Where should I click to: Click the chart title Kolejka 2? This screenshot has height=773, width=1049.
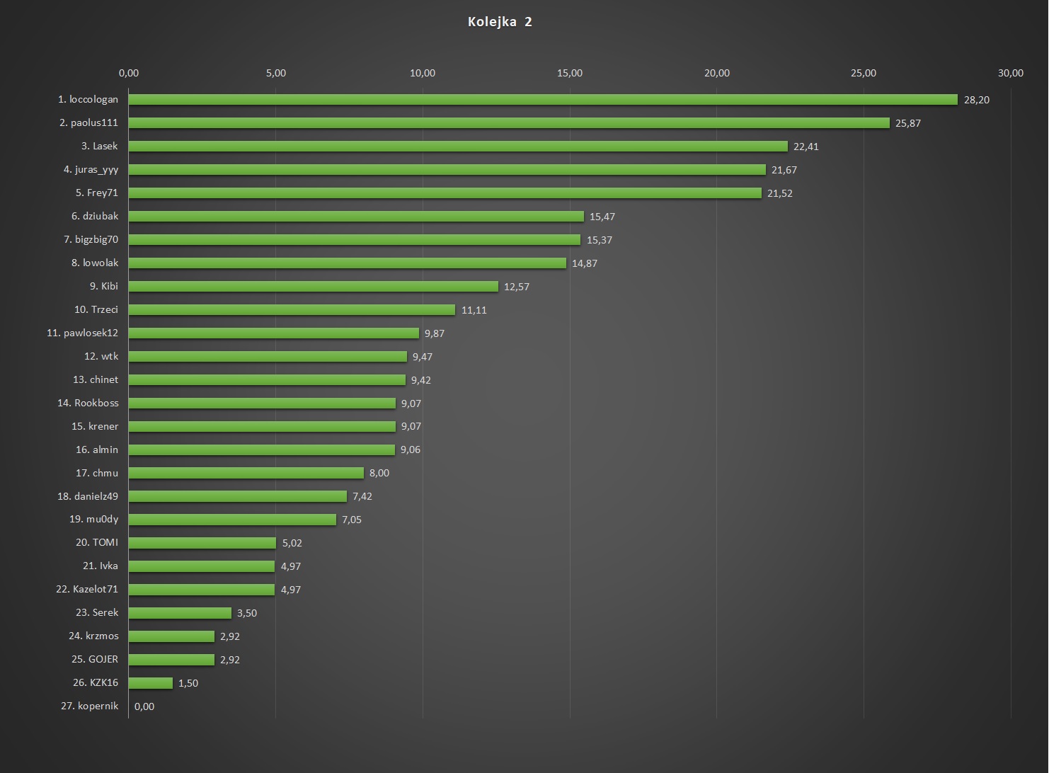click(500, 22)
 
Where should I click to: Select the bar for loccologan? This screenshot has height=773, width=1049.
click(543, 100)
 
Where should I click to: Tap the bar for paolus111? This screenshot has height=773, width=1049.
click(509, 123)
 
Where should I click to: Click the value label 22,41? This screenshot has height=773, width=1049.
click(806, 147)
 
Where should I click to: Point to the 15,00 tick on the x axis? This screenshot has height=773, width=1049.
click(570, 73)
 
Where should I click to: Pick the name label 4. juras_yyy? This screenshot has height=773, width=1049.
click(91, 170)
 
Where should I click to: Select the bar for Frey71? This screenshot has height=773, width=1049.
click(445, 193)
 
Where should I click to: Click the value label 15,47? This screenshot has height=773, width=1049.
click(602, 217)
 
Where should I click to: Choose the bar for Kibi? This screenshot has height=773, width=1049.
click(314, 287)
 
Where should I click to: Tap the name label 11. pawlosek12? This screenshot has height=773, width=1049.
click(82, 333)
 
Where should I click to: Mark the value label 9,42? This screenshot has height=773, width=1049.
click(420, 380)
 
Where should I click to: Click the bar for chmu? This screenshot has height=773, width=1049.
click(246, 473)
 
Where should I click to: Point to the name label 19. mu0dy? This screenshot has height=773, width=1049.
click(93, 520)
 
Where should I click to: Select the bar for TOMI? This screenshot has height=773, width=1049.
click(202, 543)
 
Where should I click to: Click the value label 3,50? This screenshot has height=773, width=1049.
click(246, 613)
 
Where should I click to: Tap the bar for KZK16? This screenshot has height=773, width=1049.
click(151, 683)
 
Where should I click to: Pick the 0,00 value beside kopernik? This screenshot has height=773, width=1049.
click(144, 706)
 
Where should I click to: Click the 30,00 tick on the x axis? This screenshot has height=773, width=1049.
click(1010, 73)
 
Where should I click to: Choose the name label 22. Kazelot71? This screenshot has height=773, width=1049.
click(87, 589)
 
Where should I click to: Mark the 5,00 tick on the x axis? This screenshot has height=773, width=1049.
click(276, 73)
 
